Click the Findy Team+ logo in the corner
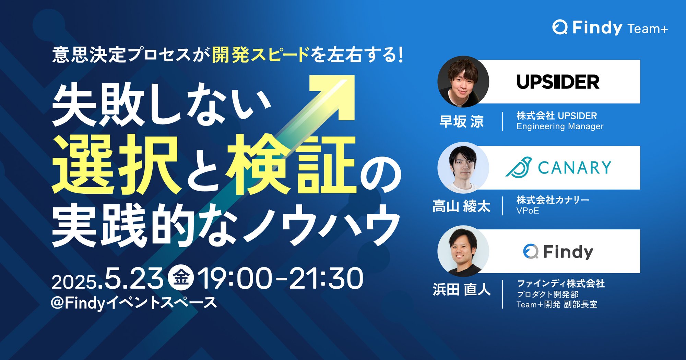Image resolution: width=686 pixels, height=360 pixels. [x=610, y=27]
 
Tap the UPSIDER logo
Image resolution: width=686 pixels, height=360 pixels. [x=558, y=82]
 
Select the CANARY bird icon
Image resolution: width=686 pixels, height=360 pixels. [x=519, y=167]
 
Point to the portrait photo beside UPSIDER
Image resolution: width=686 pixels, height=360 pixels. [x=463, y=82]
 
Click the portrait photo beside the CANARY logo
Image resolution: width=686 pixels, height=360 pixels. [x=463, y=168]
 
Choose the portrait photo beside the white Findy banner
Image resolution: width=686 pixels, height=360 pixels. [x=463, y=251]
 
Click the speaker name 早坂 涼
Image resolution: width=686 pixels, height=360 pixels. [x=462, y=121]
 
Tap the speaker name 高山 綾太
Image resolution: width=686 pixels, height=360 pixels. [x=461, y=206]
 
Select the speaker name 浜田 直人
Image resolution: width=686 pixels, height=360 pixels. [x=462, y=289]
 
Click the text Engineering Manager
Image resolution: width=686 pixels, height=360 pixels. [x=560, y=127]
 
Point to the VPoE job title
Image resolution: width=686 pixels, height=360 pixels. [x=528, y=211]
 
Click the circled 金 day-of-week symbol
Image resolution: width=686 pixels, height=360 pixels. [x=181, y=278]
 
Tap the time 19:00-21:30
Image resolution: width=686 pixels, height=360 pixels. [x=280, y=278]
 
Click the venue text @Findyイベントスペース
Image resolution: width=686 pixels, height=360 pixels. [x=134, y=303]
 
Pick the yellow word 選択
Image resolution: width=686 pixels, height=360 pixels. [x=116, y=165]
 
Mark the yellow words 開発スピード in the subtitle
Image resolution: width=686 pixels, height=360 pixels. [x=261, y=55]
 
